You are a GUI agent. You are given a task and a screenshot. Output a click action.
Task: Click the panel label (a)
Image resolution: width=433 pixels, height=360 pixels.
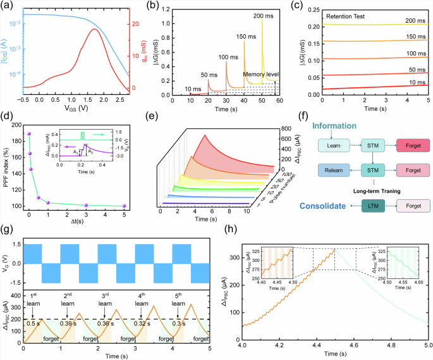8,6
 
